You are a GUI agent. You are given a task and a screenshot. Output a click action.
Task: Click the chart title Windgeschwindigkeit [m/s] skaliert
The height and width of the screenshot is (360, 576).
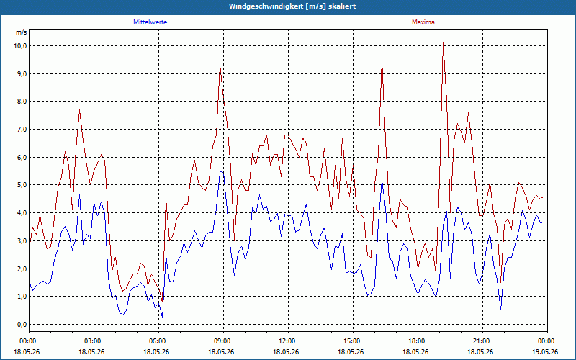tap(292, 6)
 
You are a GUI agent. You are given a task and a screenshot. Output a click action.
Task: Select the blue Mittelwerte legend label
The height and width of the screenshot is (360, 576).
tap(150, 22)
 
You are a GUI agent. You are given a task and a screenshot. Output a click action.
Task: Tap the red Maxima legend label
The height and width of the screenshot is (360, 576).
tap(423, 22)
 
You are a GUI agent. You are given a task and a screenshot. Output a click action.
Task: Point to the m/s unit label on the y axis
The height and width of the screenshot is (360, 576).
tap(22, 32)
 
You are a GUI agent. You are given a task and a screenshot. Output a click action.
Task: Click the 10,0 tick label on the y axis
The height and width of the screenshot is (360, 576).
tap(21, 46)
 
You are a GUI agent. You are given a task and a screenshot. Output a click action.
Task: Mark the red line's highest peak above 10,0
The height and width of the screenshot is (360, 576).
tap(443, 43)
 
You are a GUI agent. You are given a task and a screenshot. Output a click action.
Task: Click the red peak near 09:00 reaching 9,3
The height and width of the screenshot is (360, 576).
tap(220, 66)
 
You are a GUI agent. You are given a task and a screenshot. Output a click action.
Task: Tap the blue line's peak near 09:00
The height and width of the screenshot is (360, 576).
tap(220, 171)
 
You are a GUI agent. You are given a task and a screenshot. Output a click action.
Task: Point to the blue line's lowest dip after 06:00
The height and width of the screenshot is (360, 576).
tap(163, 318)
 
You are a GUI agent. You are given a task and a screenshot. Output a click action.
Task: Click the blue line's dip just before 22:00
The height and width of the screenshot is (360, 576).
tap(500, 310)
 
